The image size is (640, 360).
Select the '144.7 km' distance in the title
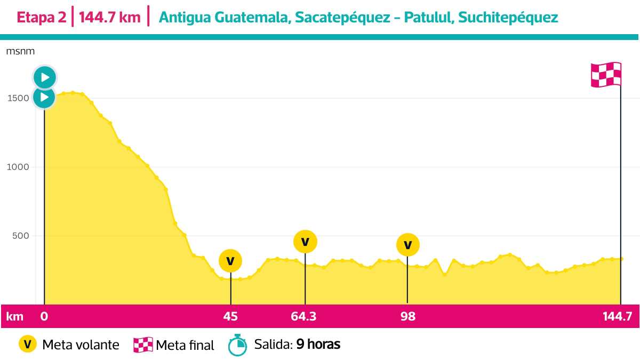[110, 18]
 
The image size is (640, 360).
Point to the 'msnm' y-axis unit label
[21, 51]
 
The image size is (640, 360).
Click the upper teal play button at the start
[45, 77]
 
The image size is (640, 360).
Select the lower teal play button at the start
[45, 98]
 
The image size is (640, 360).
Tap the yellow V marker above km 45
[230, 261]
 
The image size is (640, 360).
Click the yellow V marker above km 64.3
[305, 241]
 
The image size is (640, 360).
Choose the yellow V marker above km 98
[408, 245]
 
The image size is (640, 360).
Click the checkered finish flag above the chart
[606, 75]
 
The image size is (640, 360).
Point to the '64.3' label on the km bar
[303, 316]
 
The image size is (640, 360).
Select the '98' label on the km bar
[408, 316]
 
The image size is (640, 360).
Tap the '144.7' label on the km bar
[618, 316]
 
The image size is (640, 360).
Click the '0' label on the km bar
[44, 316]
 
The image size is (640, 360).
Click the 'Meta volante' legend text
[81, 345]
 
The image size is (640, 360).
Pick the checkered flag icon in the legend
[143, 345]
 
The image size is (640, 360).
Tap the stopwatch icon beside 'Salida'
[237, 345]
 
